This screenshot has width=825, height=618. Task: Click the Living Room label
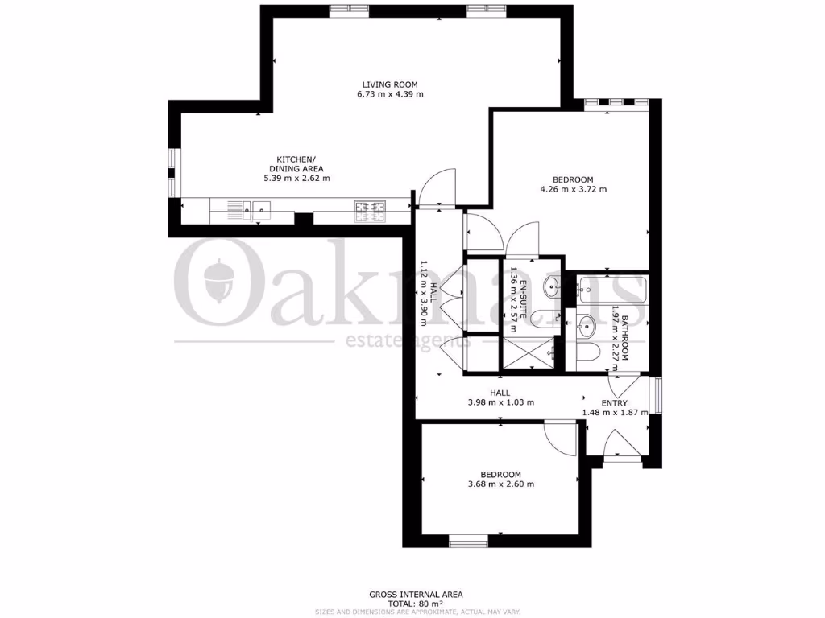[x=390, y=84]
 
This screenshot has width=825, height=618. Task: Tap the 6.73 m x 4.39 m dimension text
[x=390, y=95]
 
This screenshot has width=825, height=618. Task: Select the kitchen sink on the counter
[x=261, y=212]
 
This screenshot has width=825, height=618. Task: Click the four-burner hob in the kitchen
[x=370, y=211]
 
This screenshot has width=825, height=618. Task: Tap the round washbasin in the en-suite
[x=553, y=286]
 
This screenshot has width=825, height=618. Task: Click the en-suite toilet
[x=549, y=319]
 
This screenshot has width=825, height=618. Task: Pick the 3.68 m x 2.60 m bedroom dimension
[x=501, y=484]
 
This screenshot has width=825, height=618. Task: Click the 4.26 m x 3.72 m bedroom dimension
[x=573, y=190]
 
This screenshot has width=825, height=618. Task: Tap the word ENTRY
[x=614, y=404]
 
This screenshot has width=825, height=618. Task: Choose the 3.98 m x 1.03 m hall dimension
[x=501, y=403]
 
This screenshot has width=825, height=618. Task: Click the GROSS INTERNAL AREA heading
[x=416, y=595]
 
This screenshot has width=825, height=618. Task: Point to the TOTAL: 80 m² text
[x=416, y=604]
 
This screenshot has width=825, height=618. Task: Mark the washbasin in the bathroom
[x=587, y=326]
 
